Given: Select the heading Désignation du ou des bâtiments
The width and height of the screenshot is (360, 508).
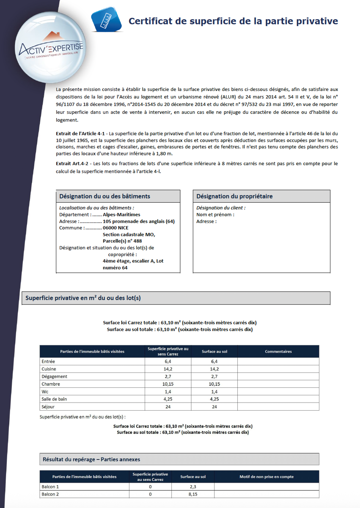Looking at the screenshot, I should [104, 196].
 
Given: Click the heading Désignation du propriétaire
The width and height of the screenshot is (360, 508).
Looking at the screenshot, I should [234, 196].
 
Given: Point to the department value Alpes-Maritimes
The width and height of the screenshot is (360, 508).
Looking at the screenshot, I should [121, 215].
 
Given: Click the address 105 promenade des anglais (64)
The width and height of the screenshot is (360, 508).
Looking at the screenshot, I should [138, 221].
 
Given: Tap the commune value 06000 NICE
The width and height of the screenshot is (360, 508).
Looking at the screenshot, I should [117, 228].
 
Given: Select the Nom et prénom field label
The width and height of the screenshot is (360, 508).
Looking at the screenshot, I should [215, 215].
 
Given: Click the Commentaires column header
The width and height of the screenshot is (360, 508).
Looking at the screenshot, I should [278, 351].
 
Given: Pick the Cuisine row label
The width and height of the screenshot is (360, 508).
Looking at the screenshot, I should [49, 369].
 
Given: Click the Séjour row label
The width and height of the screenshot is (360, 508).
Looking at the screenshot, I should [48, 407].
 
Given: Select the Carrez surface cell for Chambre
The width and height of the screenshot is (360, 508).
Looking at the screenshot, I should [168, 384].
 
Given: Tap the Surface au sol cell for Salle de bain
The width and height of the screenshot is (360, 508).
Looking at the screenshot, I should [214, 399].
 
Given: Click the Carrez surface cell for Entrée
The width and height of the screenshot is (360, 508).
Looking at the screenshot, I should [168, 362].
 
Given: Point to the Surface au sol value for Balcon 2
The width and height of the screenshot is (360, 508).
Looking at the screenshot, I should [192, 494].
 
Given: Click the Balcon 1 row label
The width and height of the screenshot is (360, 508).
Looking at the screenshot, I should [50, 486].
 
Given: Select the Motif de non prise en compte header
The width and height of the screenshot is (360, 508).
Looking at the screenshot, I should [266, 477].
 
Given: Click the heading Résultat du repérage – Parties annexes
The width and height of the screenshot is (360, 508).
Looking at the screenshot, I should [91, 459].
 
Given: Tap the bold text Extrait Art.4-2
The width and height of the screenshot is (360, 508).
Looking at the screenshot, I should [73, 163].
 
